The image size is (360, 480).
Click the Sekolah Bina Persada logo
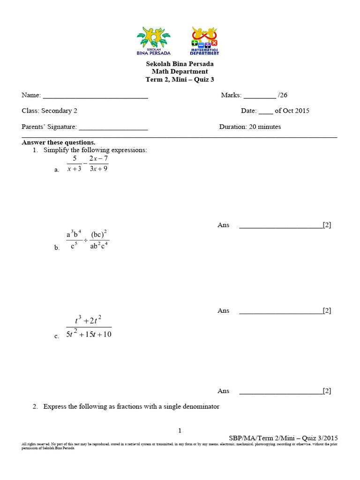[153, 41]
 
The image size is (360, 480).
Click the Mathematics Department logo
[205, 41]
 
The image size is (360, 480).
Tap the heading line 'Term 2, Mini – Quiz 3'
[180, 80]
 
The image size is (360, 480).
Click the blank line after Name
[95, 97]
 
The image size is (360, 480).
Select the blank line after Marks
[260, 97]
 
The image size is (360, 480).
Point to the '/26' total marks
[283, 95]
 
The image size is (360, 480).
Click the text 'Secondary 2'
[59, 111]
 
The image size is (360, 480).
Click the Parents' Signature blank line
[113, 128]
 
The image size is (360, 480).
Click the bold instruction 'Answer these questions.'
[59, 142]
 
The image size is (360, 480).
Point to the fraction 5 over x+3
[74, 164]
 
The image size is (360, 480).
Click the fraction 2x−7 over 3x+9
[98, 164]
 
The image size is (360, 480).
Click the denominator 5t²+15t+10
[89, 334]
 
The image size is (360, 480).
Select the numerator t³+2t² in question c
[89, 320]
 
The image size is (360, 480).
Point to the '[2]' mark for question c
[327, 391]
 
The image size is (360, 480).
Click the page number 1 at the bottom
[180, 431]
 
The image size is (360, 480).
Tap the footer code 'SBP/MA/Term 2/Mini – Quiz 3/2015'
[283, 438]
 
